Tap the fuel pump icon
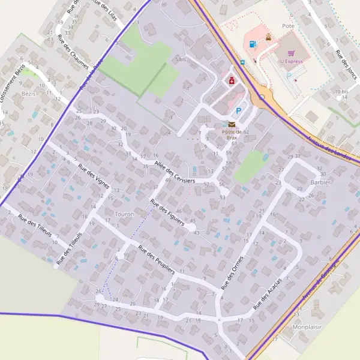[x=253, y=44]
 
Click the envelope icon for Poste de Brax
[x=232, y=124]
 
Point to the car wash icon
[x=268, y=38]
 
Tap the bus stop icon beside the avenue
[x=242, y=62]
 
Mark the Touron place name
[x=124, y=214]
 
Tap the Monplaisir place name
[x=307, y=327]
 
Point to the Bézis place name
[x=29, y=94]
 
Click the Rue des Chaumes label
[x=73, y=53]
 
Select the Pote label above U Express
[x=288, y=26]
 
